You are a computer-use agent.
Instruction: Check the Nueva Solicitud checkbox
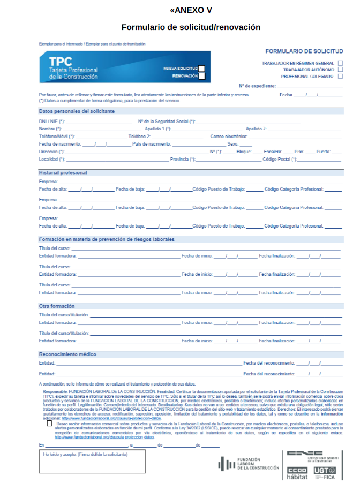coord(201,69)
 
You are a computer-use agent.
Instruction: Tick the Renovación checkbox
coord(201,76)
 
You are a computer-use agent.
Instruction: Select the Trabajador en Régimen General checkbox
coord(340,63)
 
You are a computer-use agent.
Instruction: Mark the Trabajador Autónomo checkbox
coord(340,70)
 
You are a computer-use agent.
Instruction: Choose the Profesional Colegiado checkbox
coord(340,76)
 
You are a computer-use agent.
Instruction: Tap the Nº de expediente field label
coord(257,86)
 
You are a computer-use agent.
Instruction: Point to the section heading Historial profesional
coord(63,172)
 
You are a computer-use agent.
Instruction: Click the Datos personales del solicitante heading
coord(77,111)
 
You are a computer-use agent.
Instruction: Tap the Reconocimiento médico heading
coord(67,354)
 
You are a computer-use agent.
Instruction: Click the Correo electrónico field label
coord(229,136)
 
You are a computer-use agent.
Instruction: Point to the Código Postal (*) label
coord(279,159)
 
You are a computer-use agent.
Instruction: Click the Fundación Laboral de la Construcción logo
coord(249,464)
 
